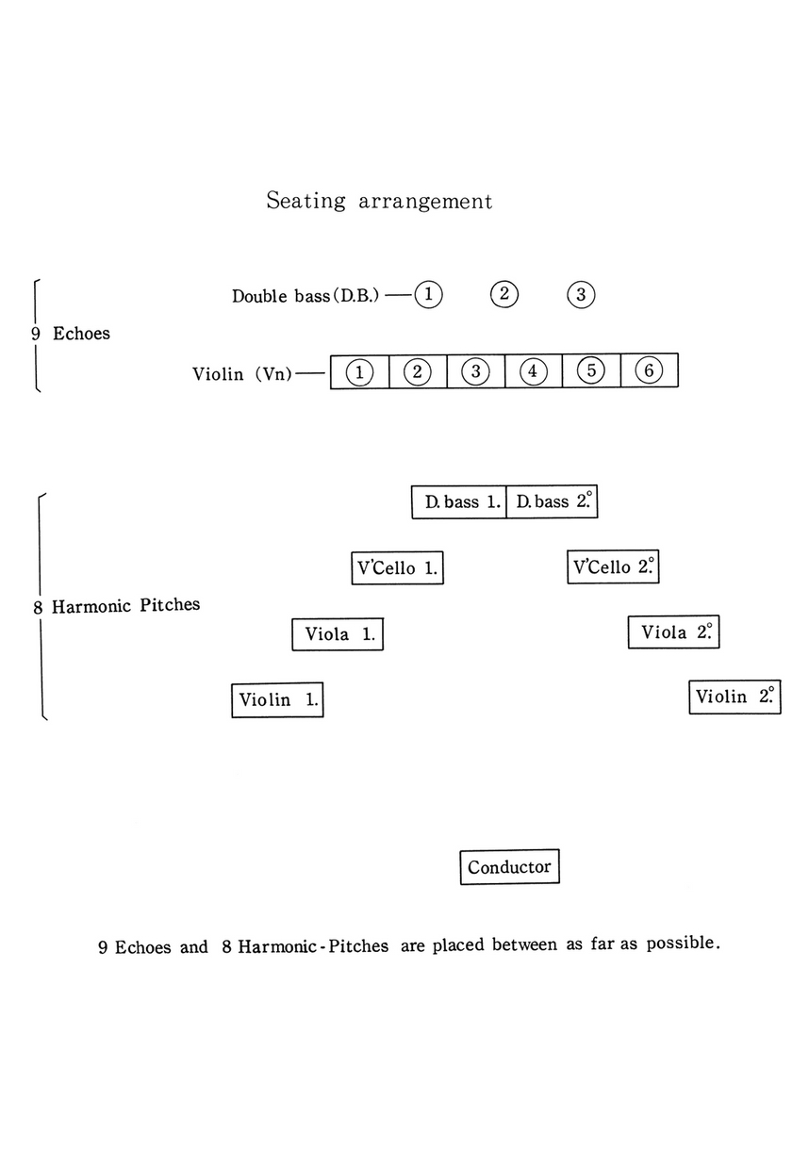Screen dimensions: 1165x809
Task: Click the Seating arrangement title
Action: [x=379, y=201]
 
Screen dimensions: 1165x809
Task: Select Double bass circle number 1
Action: [x=428, y=294]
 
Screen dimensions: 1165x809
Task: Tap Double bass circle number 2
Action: [x=504, y=294]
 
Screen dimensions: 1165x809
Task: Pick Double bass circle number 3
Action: [x=581, y=294]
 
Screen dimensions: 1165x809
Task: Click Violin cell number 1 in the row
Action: [x=359, y=371]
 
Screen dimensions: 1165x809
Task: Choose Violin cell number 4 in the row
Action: [x=533, y=371]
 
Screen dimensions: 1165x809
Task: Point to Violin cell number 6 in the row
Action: [x=649, y=371]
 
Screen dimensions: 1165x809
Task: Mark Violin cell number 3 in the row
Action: [x=475, y=371]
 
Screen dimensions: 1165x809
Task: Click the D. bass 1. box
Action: [x=459, y=502]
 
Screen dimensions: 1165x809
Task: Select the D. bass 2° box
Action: [x=553, y=502]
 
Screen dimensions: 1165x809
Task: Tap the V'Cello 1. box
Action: [x=396, y=568]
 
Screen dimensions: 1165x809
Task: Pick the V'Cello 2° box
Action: [x=614, y=567]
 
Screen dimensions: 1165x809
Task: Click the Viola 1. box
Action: [x=338, y=634]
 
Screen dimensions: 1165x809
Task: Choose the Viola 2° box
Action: [x=674, y=632]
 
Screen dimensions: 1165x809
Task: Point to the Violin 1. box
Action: [x=277, y=700]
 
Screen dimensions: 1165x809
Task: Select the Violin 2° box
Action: [x=735, y=697]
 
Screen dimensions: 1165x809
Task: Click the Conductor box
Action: [x=509, y=866]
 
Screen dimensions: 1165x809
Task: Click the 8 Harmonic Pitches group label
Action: [x=117, y=606]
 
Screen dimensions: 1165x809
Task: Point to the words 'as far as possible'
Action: [x=644, y=943]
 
